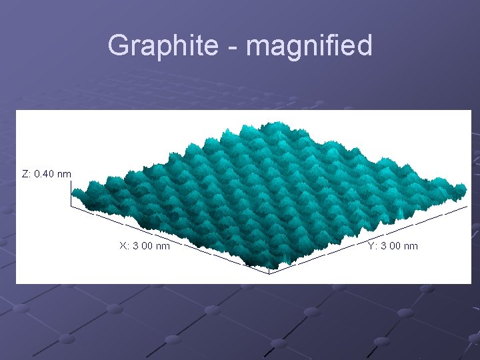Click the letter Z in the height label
[25, 174]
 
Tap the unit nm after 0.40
[64, 174]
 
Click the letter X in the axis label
[123, 246]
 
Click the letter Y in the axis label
[371, 246]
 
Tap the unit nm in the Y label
[411, 246]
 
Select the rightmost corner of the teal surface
[464, 190]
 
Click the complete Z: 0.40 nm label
[47, 174]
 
